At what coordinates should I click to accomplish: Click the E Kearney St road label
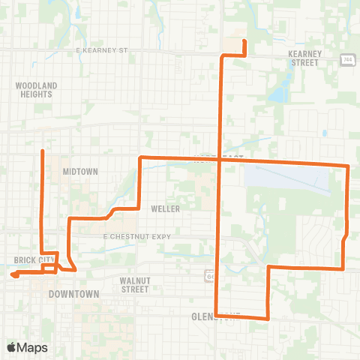(103, 50)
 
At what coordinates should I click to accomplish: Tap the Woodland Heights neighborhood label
(36, 91)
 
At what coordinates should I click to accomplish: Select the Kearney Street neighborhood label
(304, 58)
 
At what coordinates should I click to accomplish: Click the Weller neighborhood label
(165, 208)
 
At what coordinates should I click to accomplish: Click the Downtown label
(74, 295)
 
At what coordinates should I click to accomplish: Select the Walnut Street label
(136, 284)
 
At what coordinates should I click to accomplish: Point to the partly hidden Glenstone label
(214, 316)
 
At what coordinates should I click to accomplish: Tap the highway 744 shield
(348, 60)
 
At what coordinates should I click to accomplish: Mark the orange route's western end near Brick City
(13, 275)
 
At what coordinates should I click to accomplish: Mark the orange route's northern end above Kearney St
(244, 41)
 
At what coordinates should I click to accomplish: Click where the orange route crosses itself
(219, 159)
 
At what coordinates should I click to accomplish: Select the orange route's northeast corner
(349, 166)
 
